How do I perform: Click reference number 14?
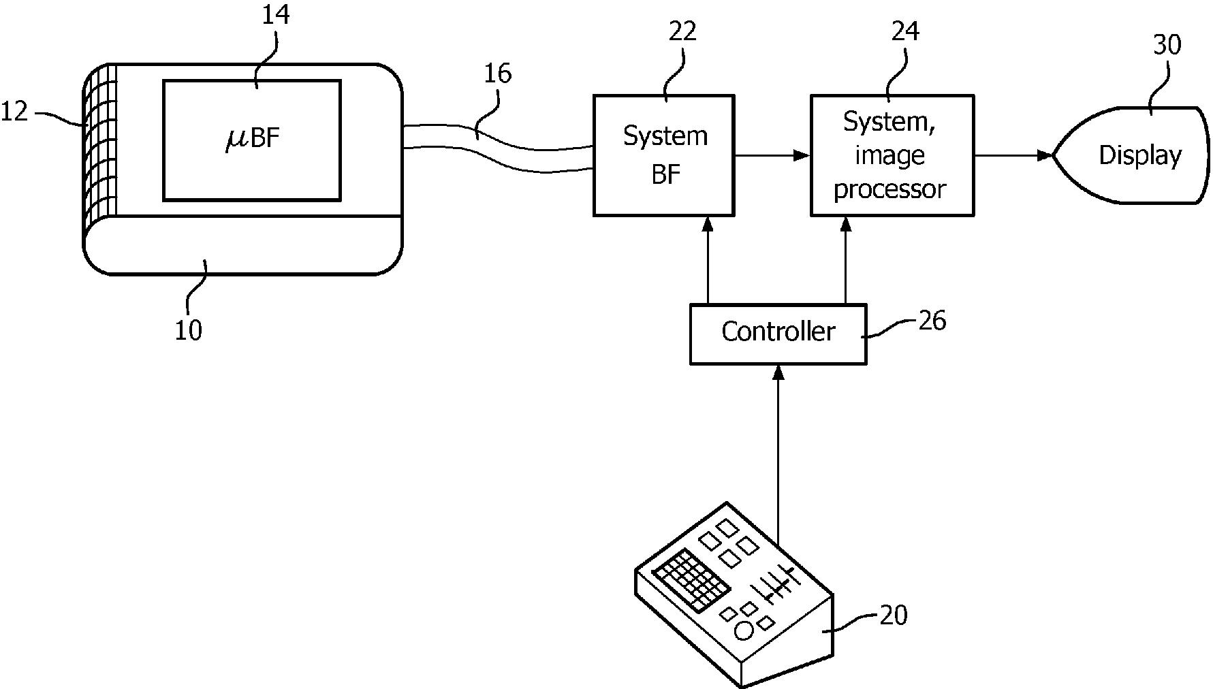275,15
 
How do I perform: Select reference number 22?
682,31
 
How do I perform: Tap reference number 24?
905,31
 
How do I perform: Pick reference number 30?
1167,45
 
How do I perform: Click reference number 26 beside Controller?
932,320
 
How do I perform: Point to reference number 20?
894,615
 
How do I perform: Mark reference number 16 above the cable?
497,74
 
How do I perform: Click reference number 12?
14,111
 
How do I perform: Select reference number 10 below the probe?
189,331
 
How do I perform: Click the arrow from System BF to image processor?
772,156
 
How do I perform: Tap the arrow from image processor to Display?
1013,156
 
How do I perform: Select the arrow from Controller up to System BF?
708,260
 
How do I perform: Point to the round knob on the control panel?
744,631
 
